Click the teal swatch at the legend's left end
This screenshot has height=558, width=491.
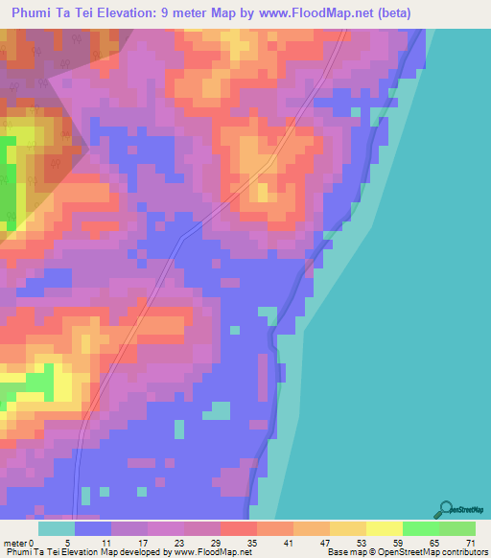[57, 528]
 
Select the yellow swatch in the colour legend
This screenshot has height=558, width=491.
[384, 528]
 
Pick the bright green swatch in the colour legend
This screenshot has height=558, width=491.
[420, 528]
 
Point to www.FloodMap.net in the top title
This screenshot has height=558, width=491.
[366, 12]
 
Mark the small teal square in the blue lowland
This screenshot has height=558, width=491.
[222, 410]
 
